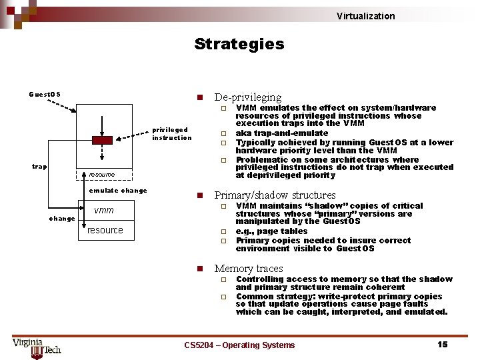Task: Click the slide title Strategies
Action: (x=239, y=45)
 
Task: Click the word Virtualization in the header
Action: (x=365, y=16)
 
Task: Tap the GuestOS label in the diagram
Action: (x=45, y=94)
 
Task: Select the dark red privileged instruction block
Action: (x=102, y=140)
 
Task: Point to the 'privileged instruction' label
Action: (x=171, y=133)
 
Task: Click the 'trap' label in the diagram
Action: (x=39, y=166)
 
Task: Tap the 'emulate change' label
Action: (x=118, y=191)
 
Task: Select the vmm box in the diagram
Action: (x=104, y=210)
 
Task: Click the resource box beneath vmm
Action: (x=106, y=230)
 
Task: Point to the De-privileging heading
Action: (x=247, y=97)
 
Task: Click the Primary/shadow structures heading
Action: (x=275, y=195)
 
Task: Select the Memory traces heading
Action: (x=248, y=269)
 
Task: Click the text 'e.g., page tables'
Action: (x=271, y=231)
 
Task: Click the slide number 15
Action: (x=442, y=345)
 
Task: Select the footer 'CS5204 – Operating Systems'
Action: (x=239, y=345)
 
